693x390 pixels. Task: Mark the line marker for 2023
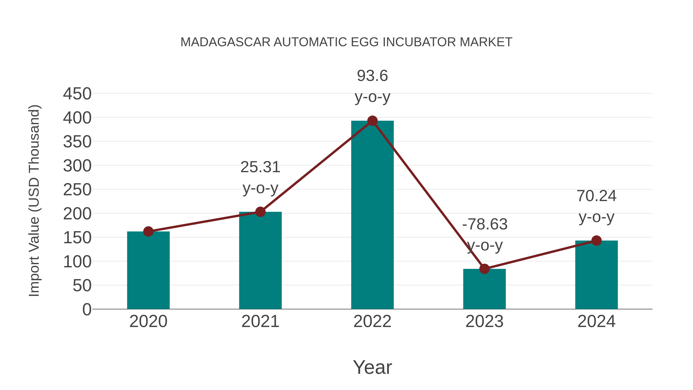[484, 269]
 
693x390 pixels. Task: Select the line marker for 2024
[596, 240]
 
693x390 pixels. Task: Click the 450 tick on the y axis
[77, 94]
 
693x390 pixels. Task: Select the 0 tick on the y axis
[87, 309]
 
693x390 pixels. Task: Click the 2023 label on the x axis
[484, 321]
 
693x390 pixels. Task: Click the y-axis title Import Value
[34, 200]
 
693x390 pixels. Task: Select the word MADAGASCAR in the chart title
[225, 42]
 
